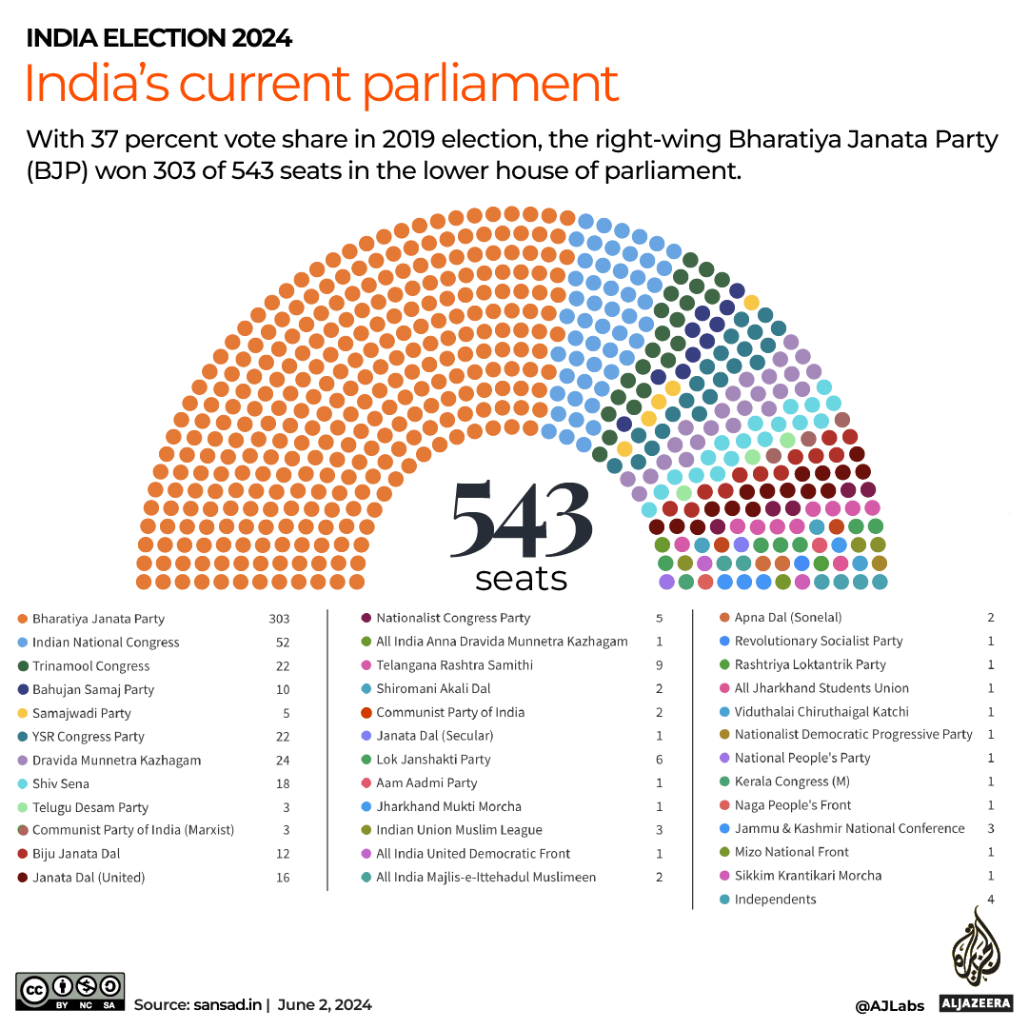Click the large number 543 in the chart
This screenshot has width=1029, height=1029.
pos(521,521)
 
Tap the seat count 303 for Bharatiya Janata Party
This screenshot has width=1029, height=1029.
pos(279,619)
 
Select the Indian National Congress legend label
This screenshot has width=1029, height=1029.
pos(106,643)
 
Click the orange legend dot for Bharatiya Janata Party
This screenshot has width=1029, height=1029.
pos(22,619)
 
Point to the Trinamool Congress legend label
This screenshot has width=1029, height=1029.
pos(90,666)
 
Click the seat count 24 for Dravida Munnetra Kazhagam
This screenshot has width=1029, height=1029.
pos(283,761)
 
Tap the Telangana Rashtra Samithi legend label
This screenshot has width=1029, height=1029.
pos(454,665)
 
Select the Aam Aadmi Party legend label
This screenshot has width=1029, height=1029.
pos(426,782)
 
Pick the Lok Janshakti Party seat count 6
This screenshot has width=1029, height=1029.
pos(659,760)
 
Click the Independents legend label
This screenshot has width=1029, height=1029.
pos(775,900)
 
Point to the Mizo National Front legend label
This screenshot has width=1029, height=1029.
pos(791,852)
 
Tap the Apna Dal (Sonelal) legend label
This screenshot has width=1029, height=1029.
pos(787,618)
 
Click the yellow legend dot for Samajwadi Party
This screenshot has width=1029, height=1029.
pos(22,713)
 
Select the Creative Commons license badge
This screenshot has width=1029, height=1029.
pos(69,991)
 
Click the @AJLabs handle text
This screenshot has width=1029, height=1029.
pos(890,1005)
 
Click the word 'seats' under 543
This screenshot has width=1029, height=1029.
pos(521,578)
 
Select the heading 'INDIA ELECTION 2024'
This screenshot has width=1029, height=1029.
pos(159,39)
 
